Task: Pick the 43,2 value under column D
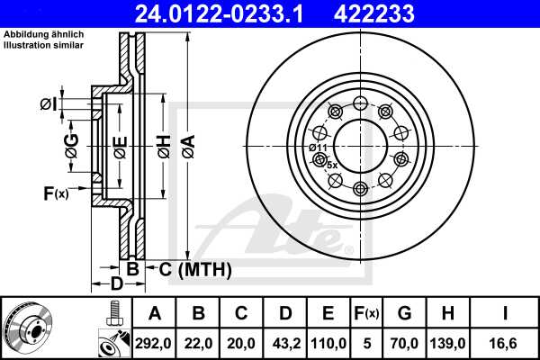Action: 285,343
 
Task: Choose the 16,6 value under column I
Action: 507,343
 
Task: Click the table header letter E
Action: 328,314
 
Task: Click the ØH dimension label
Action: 163,147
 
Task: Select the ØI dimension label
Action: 49,105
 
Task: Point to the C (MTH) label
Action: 195,269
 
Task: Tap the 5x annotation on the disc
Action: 331,165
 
